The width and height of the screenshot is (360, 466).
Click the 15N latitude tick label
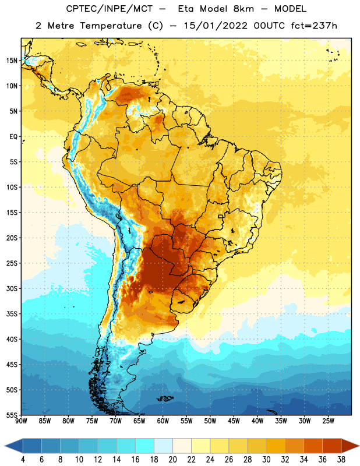(12, 61)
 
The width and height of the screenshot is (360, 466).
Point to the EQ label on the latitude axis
(13, 137)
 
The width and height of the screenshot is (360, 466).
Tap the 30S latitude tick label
(12, 288)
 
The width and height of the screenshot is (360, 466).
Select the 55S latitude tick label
(12, 415)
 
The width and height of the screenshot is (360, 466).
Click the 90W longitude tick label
(21, 421)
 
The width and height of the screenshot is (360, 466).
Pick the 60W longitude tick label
(163, 421)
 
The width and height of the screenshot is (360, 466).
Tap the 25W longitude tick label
(328, 421)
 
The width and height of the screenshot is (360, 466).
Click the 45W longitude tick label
(234, 421)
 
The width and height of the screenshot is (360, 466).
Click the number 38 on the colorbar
(341, 460)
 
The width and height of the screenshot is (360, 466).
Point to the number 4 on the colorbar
(23, 460)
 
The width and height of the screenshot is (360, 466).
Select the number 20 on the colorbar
(172, 460)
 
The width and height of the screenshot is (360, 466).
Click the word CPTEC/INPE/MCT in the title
(109, 9)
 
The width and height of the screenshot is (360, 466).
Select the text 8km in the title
(243, 9)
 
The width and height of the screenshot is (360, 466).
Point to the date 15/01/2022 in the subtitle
(216, 26)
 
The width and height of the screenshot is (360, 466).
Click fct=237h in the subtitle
(314, 26)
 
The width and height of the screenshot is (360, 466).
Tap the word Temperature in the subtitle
(111, 26)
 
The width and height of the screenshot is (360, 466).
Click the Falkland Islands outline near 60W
(165, 398)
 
